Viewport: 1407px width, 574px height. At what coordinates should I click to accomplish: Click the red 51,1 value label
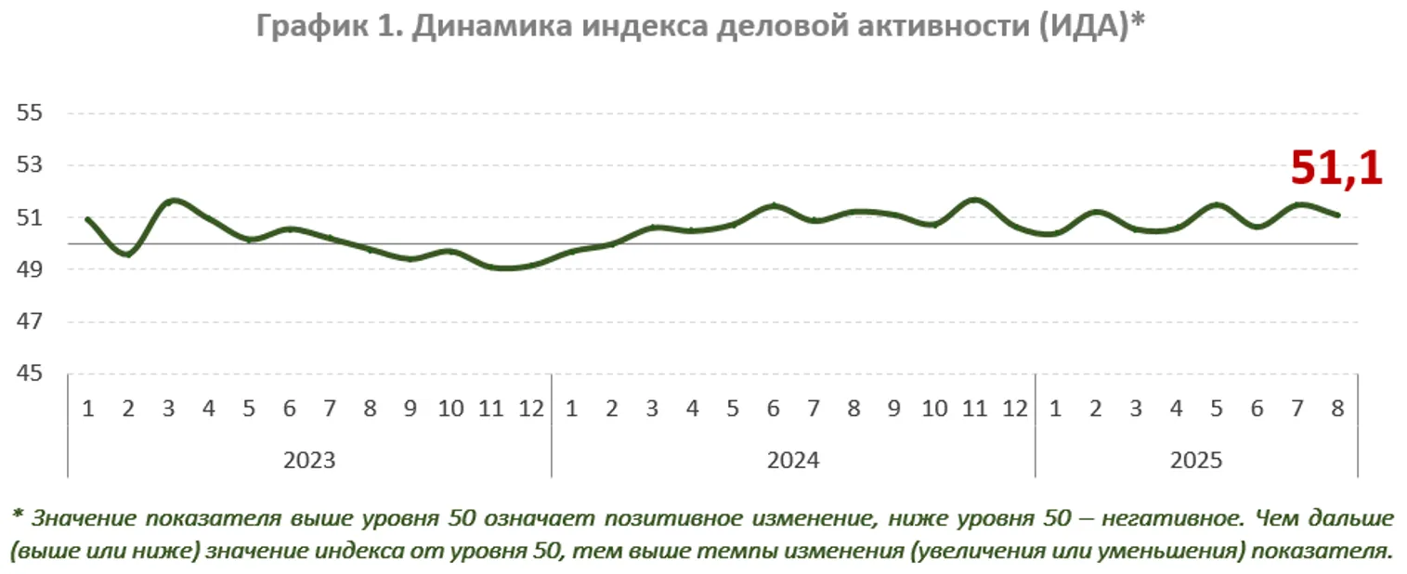(x=1336, y=170)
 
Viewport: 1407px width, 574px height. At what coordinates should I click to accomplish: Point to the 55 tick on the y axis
(x=30, y=113)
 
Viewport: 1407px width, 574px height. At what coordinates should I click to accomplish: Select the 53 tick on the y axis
(x=30, y=165)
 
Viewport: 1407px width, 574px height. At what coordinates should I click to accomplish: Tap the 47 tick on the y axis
(x=30, y=322)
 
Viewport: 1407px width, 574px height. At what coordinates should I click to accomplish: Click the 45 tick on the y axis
(x=30, y=374)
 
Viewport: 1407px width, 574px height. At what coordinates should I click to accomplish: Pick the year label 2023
(x=309, y=460)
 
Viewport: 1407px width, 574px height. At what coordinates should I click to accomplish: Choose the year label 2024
(x=793, y=460)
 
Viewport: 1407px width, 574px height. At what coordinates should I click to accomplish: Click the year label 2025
(x=1196, y=460)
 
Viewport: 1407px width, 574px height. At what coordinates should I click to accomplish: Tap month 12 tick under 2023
(x=531, y=409)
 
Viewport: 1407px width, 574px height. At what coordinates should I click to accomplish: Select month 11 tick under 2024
(x=974, y=409)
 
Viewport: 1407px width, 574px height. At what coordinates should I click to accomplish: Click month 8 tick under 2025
(x=1337, y=409)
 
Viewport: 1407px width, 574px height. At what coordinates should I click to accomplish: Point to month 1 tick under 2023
(x=87, y=409)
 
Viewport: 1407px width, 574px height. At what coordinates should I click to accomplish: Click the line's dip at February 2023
(x=128, y=254)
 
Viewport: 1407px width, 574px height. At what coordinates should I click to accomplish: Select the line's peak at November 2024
(x=974, y=199)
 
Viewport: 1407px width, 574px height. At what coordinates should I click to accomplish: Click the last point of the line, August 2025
(x=1337, y=215)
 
